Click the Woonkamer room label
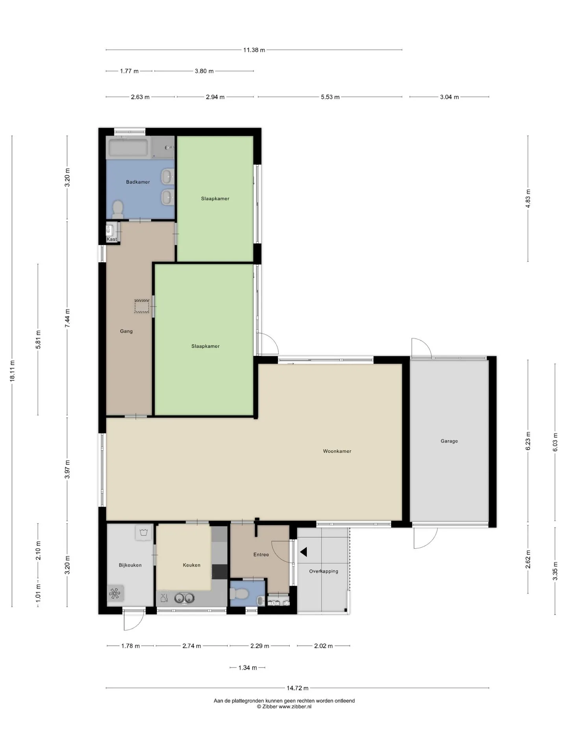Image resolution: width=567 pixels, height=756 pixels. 337,451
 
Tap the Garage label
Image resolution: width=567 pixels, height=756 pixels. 449,441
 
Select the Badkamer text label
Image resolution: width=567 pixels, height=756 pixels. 138,182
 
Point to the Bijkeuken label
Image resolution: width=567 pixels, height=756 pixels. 130,565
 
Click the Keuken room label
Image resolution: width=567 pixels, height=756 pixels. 192,565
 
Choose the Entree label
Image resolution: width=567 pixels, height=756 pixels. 261,554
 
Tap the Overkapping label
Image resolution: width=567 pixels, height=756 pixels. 324,571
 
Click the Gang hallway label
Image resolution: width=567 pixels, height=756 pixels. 126,331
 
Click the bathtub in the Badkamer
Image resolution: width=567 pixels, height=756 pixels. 128,148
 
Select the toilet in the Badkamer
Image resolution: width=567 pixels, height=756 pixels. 118,209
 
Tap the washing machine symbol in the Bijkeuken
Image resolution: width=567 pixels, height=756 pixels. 143,533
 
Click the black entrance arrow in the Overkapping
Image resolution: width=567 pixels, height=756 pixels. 304,552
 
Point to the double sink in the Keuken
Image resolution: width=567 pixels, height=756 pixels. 185,598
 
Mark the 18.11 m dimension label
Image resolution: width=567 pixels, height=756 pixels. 12,371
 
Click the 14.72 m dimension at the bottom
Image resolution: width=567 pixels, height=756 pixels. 297,688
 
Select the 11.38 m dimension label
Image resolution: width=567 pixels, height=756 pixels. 254,50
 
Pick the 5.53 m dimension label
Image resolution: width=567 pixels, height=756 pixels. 330,97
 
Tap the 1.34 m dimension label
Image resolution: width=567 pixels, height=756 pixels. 248,668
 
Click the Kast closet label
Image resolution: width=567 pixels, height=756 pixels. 112,239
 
